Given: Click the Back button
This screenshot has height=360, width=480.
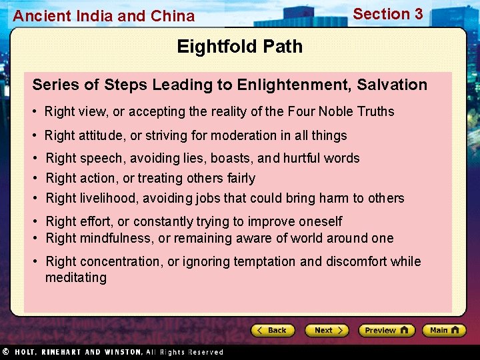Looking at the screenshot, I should point(273,330).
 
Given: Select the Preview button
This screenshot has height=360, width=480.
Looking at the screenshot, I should point(386,330).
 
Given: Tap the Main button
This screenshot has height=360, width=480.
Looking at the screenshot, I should point(443,330).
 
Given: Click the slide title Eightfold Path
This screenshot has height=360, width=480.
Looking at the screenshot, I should point(239,47).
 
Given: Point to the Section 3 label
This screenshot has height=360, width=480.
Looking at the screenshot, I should point(387,14).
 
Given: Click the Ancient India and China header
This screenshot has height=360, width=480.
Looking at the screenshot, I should point(104,16).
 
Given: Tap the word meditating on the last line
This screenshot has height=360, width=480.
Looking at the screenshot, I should point(75,277).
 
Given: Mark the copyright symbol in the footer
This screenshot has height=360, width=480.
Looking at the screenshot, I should point(5,351).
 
